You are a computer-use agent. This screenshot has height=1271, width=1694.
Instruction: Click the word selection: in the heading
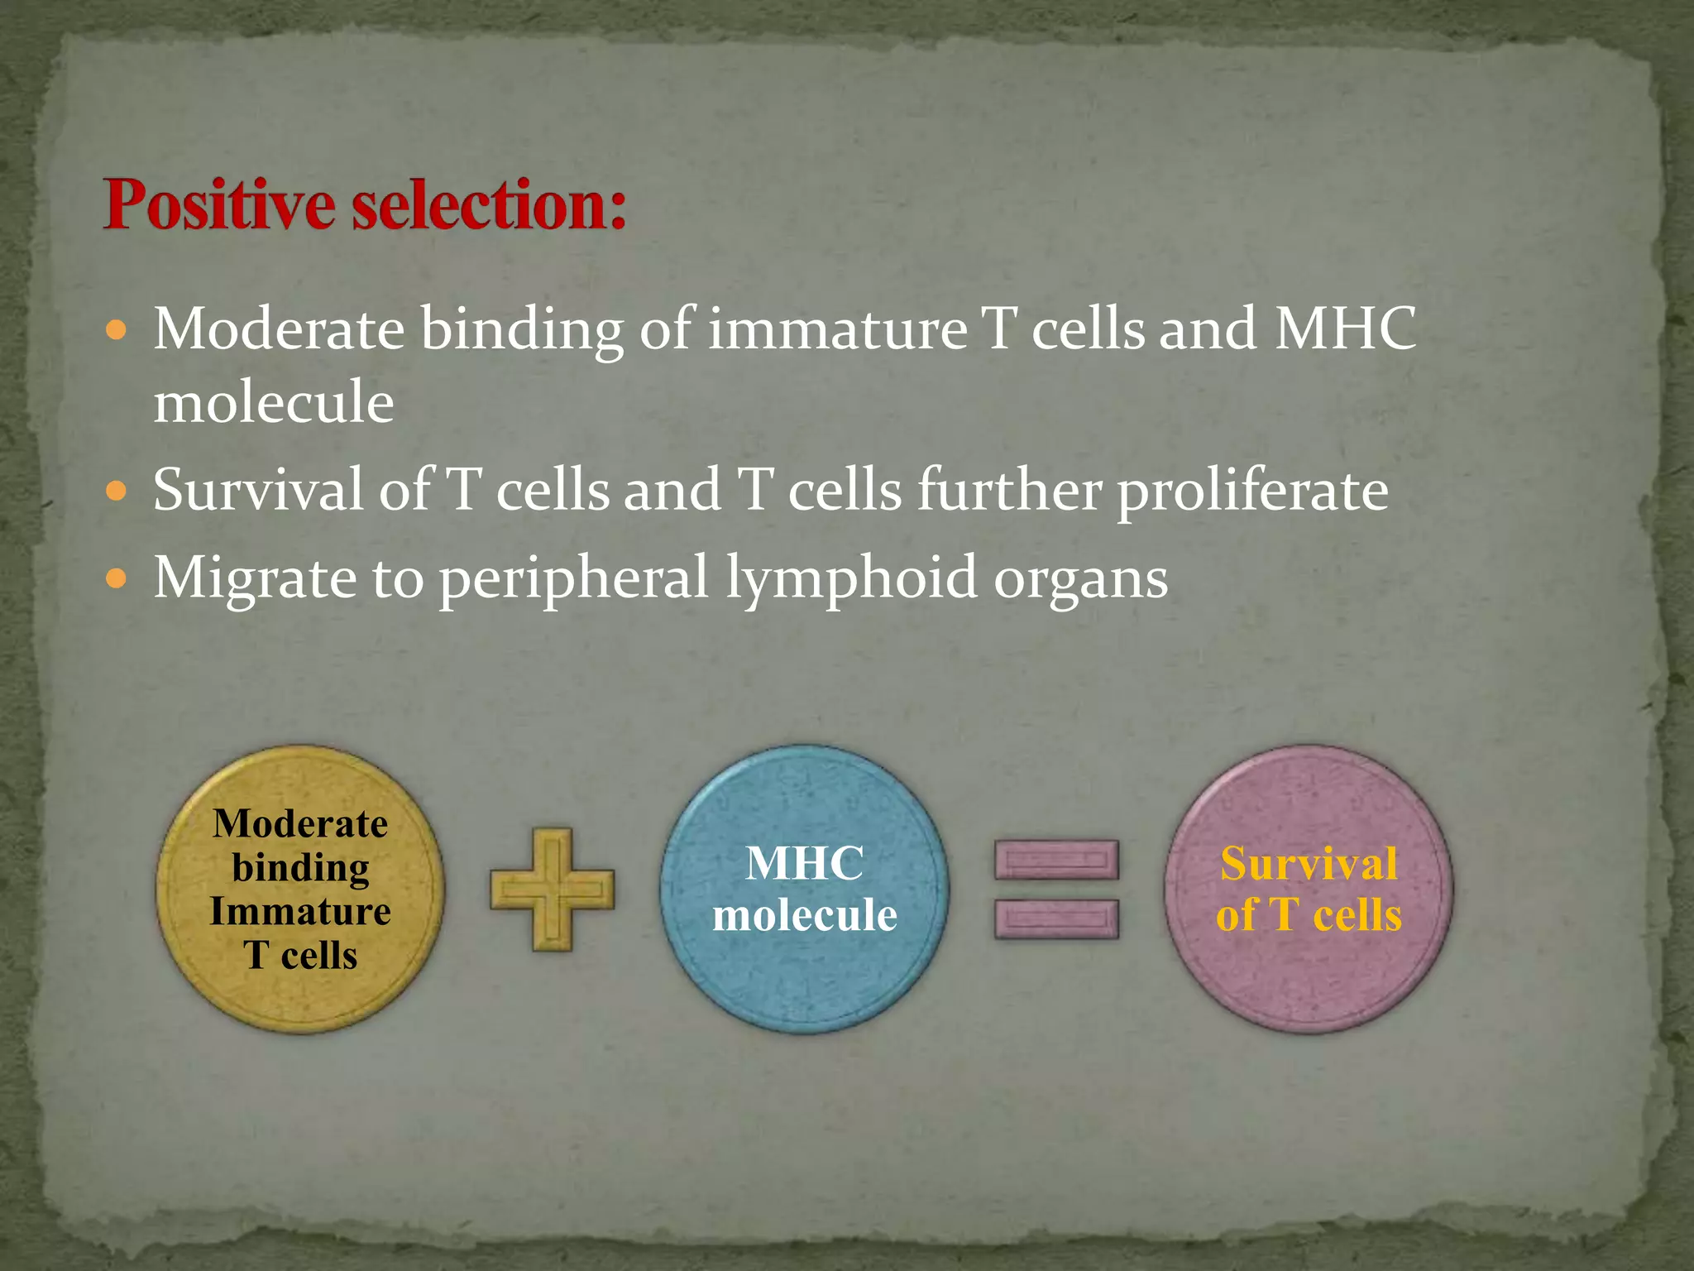(x=489, y=205)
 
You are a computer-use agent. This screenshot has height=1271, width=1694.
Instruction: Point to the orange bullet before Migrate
(x=117, y=578)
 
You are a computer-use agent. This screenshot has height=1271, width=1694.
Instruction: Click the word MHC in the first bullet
(x=1345, y=329)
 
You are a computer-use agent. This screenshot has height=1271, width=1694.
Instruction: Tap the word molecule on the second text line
(x=274, y=402)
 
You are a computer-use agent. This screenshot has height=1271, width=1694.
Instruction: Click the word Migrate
(x=255, y=578)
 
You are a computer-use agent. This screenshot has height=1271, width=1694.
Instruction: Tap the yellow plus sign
(x=552, y=890)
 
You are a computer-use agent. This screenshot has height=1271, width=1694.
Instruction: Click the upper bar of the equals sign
(x=1056, y=860)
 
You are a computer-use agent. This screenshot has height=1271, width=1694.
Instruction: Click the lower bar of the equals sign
(x=1056, y=919)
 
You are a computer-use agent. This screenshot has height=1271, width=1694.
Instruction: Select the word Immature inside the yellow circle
(x=300, y=911)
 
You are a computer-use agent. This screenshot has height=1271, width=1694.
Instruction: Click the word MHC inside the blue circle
(x=804, y=863)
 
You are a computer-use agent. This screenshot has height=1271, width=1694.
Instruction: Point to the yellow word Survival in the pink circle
(x=1309, y=864)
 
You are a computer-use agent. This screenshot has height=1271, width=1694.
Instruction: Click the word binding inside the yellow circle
(x=300, y=868)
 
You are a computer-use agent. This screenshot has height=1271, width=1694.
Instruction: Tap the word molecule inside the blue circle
(x=804, y=915)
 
